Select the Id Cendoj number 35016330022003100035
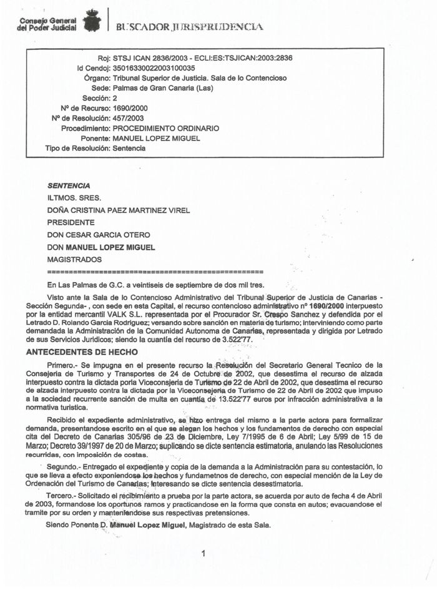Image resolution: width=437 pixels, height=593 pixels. click(x=153, y=68)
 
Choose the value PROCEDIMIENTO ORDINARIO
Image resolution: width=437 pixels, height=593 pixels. click(x=165, y=128)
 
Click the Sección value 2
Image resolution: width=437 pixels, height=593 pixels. click(x=114, y=98)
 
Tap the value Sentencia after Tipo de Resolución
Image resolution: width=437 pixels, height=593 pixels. click(x=129, y=148)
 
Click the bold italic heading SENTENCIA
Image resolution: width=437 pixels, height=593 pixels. click(x=69, y=185)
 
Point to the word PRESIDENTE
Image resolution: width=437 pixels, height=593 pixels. click(x=71, y=222)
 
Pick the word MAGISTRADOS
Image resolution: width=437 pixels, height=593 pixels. click(x=74, y=259)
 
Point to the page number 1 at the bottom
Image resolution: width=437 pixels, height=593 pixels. click(x=204, y=553)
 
